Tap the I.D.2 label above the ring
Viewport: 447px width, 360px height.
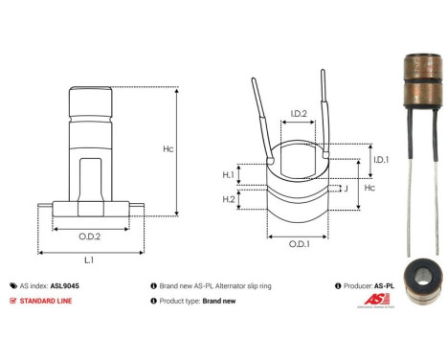tap(299, 114)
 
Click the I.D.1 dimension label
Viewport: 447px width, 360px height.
tap(380, 159)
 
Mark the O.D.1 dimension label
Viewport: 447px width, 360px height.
tap(299, 243)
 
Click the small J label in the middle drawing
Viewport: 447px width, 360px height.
tap(343, 188)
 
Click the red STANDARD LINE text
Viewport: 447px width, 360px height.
tap(47, 301)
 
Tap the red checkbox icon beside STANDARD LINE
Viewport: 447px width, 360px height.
tap(12, 301)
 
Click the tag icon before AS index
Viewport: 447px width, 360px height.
tap(12, 285)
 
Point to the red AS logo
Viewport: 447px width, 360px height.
tap(376, 300)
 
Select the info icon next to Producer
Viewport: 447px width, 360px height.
tap(339, 285)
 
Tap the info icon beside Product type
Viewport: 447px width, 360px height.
tap(154, 301)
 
